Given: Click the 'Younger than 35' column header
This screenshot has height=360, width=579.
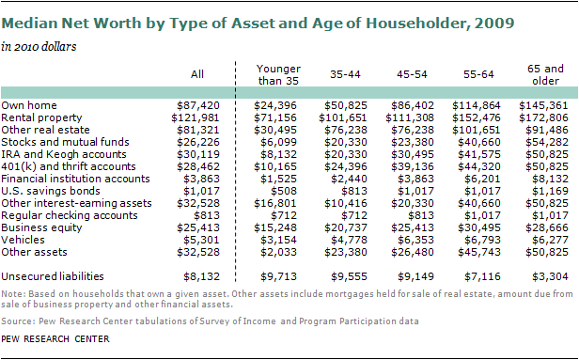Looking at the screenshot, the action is click(x=278, y=74).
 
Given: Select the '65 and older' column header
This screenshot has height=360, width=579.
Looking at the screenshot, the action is click(x=545, y=74).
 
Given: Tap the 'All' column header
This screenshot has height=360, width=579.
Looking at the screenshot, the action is click(x=197, y=74).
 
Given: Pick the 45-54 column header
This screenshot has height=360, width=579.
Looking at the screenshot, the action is click(x=412, y=74).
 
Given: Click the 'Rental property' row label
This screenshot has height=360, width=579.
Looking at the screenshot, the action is click(x=41, y=117).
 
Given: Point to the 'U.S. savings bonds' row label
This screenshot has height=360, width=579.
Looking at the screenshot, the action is click(x=51, y=191).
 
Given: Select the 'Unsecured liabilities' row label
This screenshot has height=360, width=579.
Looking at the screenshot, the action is click(x=53, y=276).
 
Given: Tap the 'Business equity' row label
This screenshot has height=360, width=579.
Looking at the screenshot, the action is click(x=41, y=227).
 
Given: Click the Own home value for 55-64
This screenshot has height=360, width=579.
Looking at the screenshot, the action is click(x=477, y=105).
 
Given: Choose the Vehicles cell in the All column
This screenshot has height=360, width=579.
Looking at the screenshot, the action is click(x=201, y=240).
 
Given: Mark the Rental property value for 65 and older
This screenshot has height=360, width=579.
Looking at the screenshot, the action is click(x=543, y=117).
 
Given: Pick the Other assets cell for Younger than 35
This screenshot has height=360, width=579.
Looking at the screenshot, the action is click(x=278, y=252).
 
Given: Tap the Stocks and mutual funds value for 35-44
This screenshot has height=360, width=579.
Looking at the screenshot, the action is click(x=346, y=142).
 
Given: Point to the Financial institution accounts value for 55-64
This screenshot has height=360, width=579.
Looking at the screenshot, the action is click(x=482, y=179).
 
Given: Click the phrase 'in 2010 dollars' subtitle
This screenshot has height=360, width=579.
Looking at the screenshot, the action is click(x=39, y=47).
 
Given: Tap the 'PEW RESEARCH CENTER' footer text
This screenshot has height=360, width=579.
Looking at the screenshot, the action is click(x=55, y=339).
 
